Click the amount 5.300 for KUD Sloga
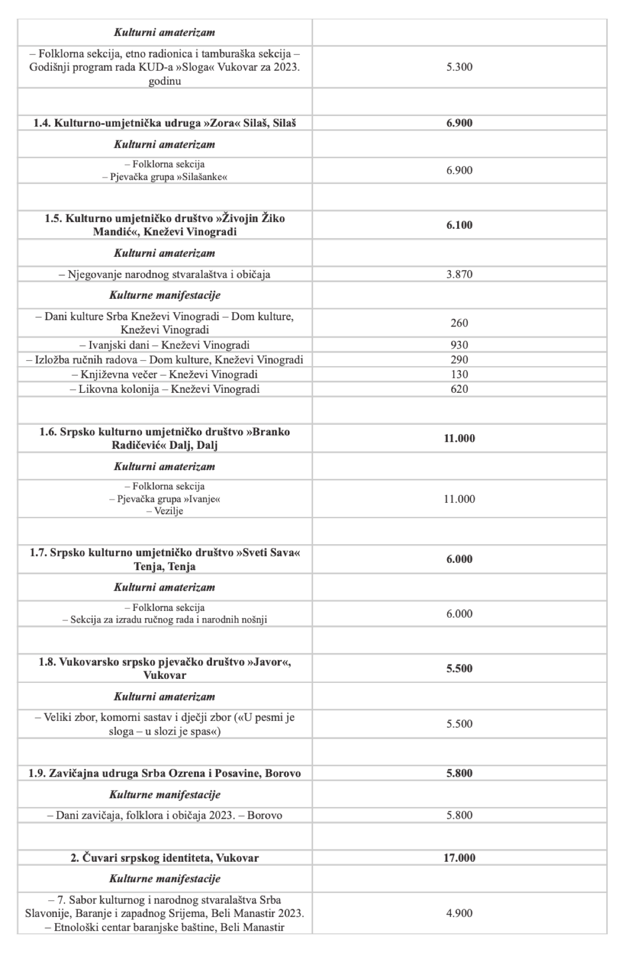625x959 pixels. point(459,67)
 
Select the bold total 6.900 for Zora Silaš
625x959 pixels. point(459,123)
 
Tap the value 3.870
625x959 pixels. point(459,275)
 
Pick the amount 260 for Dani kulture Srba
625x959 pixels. point(459,323)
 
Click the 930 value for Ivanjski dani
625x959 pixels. point(459,345)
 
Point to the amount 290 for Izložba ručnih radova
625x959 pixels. point(459,360)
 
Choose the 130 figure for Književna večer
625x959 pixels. point(459,375)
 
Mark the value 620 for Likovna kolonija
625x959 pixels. point(459,389)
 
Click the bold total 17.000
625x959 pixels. point(459,858)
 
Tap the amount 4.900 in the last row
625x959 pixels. point(459,913)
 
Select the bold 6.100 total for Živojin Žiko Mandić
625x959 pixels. point(459,225)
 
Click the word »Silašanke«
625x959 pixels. point(205,177)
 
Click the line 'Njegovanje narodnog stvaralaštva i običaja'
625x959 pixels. point(165,275)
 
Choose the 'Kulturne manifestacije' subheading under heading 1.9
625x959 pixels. point(165,795)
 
